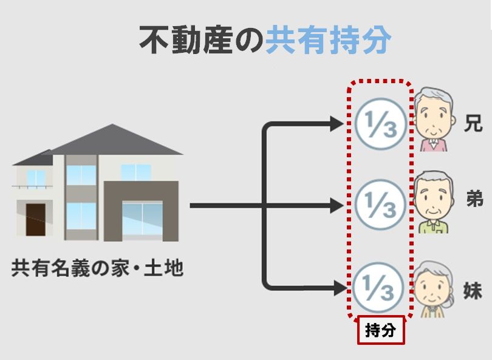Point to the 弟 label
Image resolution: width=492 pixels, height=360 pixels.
coord(474,198)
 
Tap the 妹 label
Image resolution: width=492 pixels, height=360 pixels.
coord(473,290)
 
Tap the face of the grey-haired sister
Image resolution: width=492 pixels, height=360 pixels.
coord(432,290)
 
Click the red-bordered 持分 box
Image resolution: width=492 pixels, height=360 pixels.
coord(380,331)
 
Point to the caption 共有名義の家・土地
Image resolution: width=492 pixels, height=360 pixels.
coord(97,268)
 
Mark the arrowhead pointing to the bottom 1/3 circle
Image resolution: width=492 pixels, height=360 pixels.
coord(337,286)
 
